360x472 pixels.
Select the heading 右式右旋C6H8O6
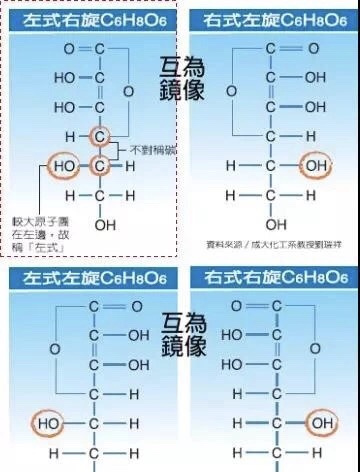tap(268, 19)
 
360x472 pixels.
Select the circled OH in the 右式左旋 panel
tap(318, 424)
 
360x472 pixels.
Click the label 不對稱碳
tap(150, 149)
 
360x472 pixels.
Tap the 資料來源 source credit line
tap(270, 243)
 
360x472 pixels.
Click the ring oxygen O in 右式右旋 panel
tap(231, 91)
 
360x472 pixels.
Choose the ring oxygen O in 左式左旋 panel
tap(54, 348)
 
